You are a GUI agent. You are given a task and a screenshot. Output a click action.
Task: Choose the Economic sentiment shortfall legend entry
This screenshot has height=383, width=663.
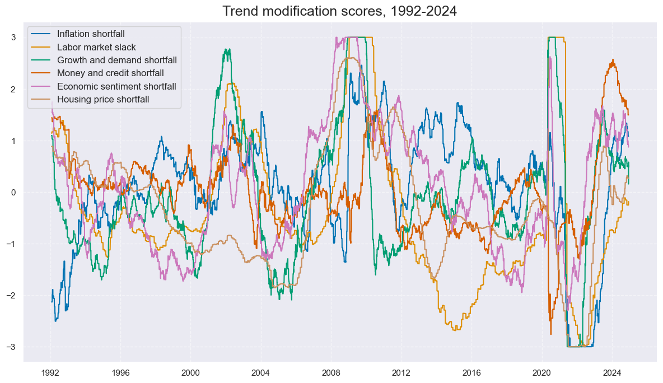[x=116, y=86]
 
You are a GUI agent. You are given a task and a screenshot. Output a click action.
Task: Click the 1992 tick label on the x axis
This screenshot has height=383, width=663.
[x=50, y=372]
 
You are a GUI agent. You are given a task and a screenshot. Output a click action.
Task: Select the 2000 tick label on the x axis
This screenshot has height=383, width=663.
[x=190, y=372]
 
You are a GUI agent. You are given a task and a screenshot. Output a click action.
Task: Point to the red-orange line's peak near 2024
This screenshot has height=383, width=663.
[x=613, y=60]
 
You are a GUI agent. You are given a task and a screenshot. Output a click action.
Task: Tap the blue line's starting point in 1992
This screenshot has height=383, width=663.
[x=52, y=301]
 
